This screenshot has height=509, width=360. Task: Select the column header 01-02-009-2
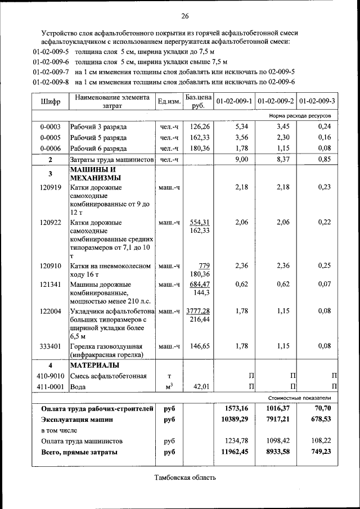point(276,101)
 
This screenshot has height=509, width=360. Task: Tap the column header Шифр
point(50,101)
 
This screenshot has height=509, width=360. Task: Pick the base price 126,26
point(200,127)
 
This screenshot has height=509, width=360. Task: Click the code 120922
point(51,223)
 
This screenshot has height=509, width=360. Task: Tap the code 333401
point(51,346)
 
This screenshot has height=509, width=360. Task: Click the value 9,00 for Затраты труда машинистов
point(241,160)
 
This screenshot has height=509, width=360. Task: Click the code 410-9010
point(51,376)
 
